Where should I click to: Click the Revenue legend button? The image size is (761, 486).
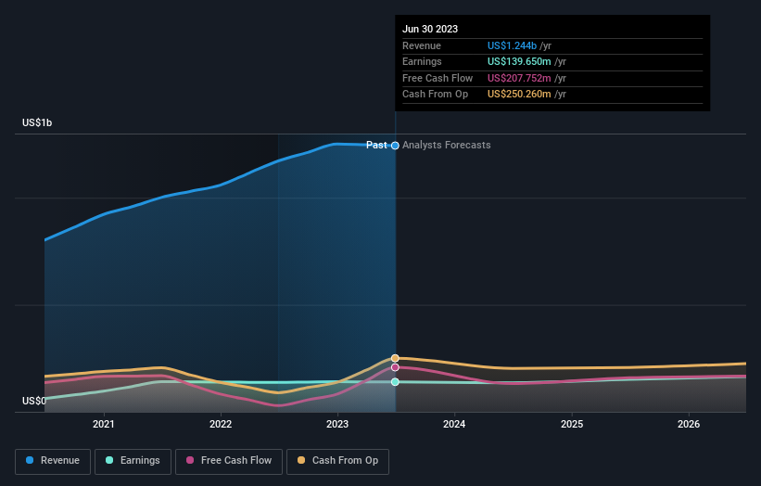click(x=54, y=460)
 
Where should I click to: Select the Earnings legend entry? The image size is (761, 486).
click(x=133, y=460)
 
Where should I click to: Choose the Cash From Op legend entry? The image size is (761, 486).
click(x=338, y=460)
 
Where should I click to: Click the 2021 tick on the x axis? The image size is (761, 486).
click(x=104, y=425)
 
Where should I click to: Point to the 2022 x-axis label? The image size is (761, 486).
click(x=221, y=425)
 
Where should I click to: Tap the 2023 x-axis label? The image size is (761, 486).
click(x=337, y=425)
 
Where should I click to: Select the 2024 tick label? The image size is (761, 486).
click(x=454, y=425)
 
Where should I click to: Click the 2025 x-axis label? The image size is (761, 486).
click(x=572, y=425)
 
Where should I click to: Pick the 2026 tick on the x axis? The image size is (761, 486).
click(x=689, y=425)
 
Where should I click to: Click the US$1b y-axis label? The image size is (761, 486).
click(x=38, y=123)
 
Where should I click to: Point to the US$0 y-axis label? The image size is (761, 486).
click(x=34, y=401)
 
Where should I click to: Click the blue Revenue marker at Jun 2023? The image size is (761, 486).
click(x=396, y=146)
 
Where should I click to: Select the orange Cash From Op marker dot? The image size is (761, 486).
click(x=395, y=358)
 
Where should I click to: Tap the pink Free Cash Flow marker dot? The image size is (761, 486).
click(x=395, y=367)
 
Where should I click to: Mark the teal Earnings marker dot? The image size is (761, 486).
click(x=395, y=382)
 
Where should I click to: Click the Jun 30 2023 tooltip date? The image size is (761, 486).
click(x=430, y=30)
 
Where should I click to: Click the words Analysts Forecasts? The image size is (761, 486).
click(x=447, y=145)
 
